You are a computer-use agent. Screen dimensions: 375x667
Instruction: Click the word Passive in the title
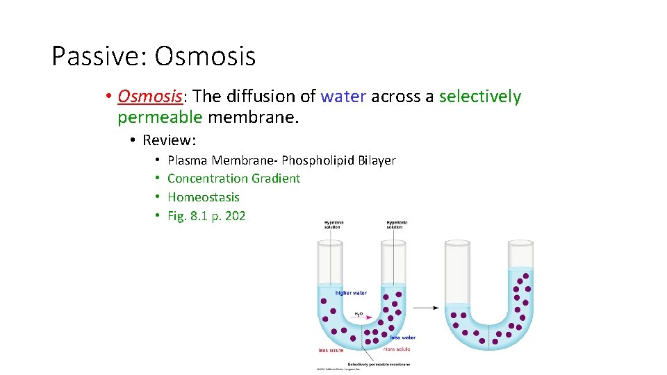(x=95, y=56)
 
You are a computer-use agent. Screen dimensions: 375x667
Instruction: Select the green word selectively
(x=480, y=97)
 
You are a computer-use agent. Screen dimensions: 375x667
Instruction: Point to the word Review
(x=168, y=140)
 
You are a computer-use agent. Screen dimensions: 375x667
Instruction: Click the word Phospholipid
(x=318, y=160)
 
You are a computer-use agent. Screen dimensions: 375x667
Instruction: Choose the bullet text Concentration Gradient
(x=234, y=178)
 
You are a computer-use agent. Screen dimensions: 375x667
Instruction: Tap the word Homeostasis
(x=204, y=197)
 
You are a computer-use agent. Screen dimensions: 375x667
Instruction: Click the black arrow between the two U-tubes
(x=425, y=307)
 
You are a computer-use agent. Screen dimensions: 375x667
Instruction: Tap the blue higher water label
(x=351, y=293)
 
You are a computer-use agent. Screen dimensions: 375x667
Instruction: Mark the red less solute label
(x=331, y=349)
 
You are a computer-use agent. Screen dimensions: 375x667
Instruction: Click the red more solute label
(x=397, y=349)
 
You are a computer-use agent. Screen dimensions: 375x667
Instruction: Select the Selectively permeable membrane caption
(x=379, y=364)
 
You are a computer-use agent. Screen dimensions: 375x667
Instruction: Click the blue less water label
(x=402, y=337)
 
